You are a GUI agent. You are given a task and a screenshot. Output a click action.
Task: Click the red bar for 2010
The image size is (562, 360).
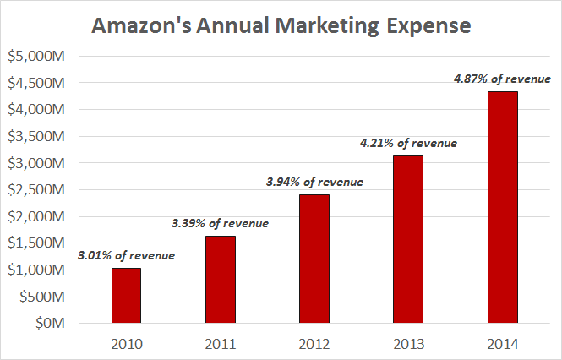[x=127, y=296]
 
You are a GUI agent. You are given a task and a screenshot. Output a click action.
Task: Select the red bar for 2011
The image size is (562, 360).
[x=221, y=280]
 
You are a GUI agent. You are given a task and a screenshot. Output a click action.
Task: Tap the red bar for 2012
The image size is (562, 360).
[x=314, y=259]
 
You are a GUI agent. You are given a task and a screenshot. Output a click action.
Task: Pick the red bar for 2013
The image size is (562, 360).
[x=408, y=239]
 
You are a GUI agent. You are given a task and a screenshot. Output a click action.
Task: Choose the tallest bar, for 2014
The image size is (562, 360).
[x=502, y=207]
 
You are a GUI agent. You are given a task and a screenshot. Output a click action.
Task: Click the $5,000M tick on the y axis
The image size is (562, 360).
[x=39, y=56]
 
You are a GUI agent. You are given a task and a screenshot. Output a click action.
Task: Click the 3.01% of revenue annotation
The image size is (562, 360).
[x=127, y=255]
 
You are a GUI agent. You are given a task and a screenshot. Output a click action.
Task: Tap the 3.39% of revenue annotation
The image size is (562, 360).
[x=221, y=223]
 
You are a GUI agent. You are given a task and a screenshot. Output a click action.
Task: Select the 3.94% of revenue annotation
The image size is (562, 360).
[x=314, y=181]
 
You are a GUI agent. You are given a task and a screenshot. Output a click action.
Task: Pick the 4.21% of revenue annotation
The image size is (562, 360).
[x=408, y=143]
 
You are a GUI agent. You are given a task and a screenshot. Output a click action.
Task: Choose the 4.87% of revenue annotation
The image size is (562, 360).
[x=502, y=79]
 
